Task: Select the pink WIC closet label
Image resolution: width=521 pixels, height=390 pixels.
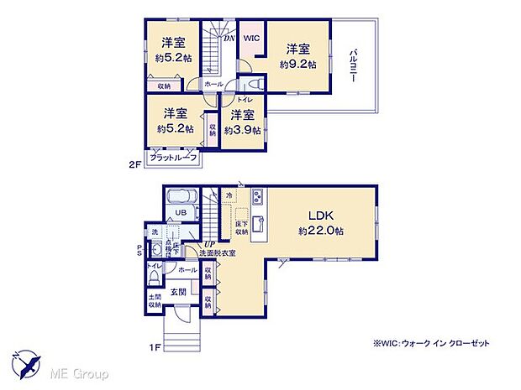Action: tap(252, 39)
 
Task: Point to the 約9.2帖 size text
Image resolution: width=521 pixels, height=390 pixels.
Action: tap(297, 64)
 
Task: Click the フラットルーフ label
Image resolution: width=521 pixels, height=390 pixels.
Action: tap(173, 158)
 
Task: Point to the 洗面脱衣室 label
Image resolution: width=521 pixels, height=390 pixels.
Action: tap(222, 253)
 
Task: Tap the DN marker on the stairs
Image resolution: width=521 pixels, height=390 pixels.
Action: tap(228, 39)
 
